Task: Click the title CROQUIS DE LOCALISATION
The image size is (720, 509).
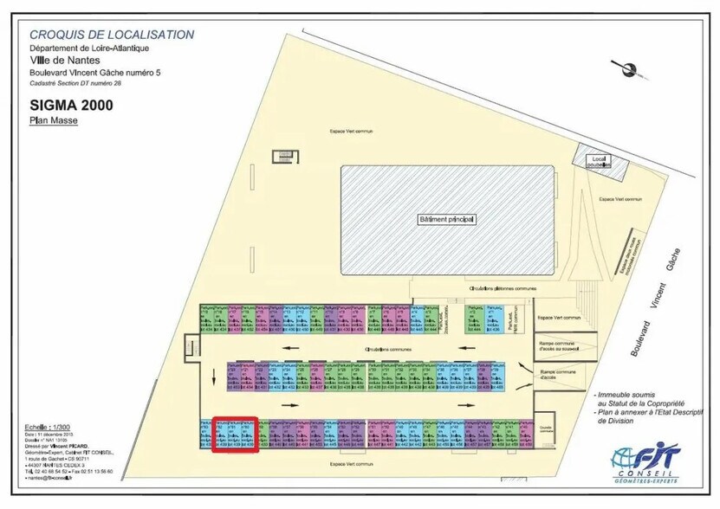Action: [112, 35]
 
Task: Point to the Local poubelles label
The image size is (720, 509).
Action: [596, 160]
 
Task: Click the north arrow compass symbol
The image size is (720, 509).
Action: [620, 68]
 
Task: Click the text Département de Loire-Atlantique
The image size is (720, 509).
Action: [89, 48]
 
